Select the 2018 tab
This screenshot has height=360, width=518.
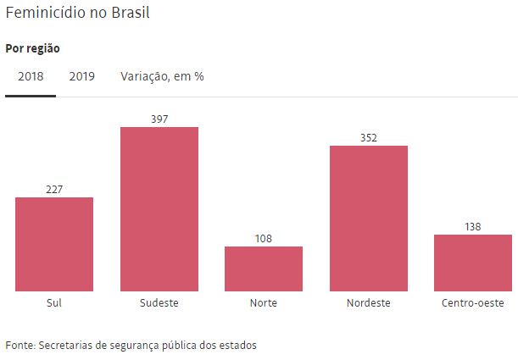31,76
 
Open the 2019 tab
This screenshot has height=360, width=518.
82,76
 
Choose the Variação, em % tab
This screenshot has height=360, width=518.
162,76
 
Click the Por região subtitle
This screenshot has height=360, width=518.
32,48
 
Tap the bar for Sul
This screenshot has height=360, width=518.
54,245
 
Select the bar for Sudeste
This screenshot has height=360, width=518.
159,209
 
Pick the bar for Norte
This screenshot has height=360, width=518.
264,269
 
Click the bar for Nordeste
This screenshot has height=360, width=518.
368,219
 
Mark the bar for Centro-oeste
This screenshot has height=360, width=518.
473,263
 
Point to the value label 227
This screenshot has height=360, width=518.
54,189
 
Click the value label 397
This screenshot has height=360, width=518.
159,119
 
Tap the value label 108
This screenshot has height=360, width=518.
264,238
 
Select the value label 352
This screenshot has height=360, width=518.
368,137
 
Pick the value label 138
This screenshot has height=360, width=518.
473,226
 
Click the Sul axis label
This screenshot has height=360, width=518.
54,302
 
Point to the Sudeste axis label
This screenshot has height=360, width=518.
159,302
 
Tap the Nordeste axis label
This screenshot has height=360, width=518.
368,302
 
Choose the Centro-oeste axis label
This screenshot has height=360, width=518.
473,302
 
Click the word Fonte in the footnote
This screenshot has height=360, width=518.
19,345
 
